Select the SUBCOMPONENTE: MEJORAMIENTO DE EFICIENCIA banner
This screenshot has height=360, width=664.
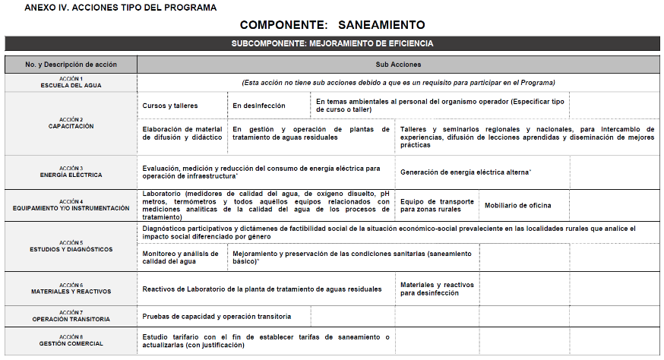tap(332, 43)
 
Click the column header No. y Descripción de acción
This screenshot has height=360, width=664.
tap(71, 65)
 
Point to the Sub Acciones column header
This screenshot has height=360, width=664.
tap(398, 65)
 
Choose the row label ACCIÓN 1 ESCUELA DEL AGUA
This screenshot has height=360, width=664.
tap(71, 82)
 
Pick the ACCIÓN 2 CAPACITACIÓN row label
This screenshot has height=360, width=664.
tap(71, 123)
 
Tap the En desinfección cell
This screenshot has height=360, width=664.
tap(259, 106)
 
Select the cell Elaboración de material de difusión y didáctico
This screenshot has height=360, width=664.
tap(182, 134)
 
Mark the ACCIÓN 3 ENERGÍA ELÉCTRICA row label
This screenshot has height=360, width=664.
tap(71, 172)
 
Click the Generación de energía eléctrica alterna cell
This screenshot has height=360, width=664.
tap(465, 172)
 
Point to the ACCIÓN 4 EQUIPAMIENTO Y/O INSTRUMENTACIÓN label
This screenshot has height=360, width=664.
tap(71, 205)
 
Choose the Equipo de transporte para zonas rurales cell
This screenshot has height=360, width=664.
tap(437, 205)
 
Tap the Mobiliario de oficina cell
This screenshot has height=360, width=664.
tap(517, 205)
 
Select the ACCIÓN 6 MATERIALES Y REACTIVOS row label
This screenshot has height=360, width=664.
tap(71, 289)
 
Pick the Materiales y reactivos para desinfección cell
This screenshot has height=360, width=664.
tap(437, 289)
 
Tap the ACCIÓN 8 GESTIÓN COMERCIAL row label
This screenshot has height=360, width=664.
tap(71, 340)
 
